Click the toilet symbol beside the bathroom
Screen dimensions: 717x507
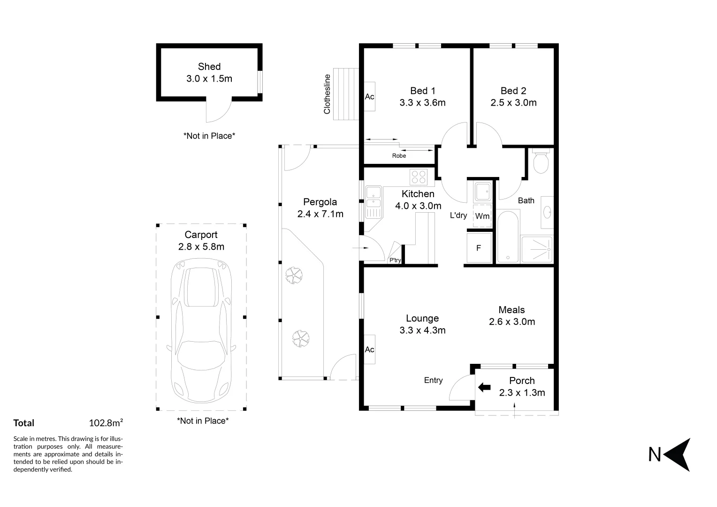(541, 161)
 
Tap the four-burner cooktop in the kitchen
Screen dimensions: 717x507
(419, 177)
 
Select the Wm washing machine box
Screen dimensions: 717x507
(482, 216)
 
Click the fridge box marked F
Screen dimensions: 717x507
(479, 248)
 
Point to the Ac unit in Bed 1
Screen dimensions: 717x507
(370, 96)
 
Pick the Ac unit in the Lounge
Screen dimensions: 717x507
(370, 349)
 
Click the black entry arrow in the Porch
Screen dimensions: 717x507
(484, 388)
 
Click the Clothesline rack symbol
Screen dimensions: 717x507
(346, 94)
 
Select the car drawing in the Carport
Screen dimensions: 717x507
(201, 330)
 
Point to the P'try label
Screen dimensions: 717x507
(395, 260)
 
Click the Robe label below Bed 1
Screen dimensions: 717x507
(399, 156)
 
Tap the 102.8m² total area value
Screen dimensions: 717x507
(106, 423)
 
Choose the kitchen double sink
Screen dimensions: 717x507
(374, 202)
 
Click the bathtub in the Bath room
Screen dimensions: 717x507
(508, 236)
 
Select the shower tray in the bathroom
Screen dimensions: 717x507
(537, 249)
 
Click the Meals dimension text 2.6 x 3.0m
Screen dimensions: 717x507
(512, 322)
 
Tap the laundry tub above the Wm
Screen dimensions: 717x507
(482, 192)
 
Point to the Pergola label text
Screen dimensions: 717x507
(320, 202)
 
